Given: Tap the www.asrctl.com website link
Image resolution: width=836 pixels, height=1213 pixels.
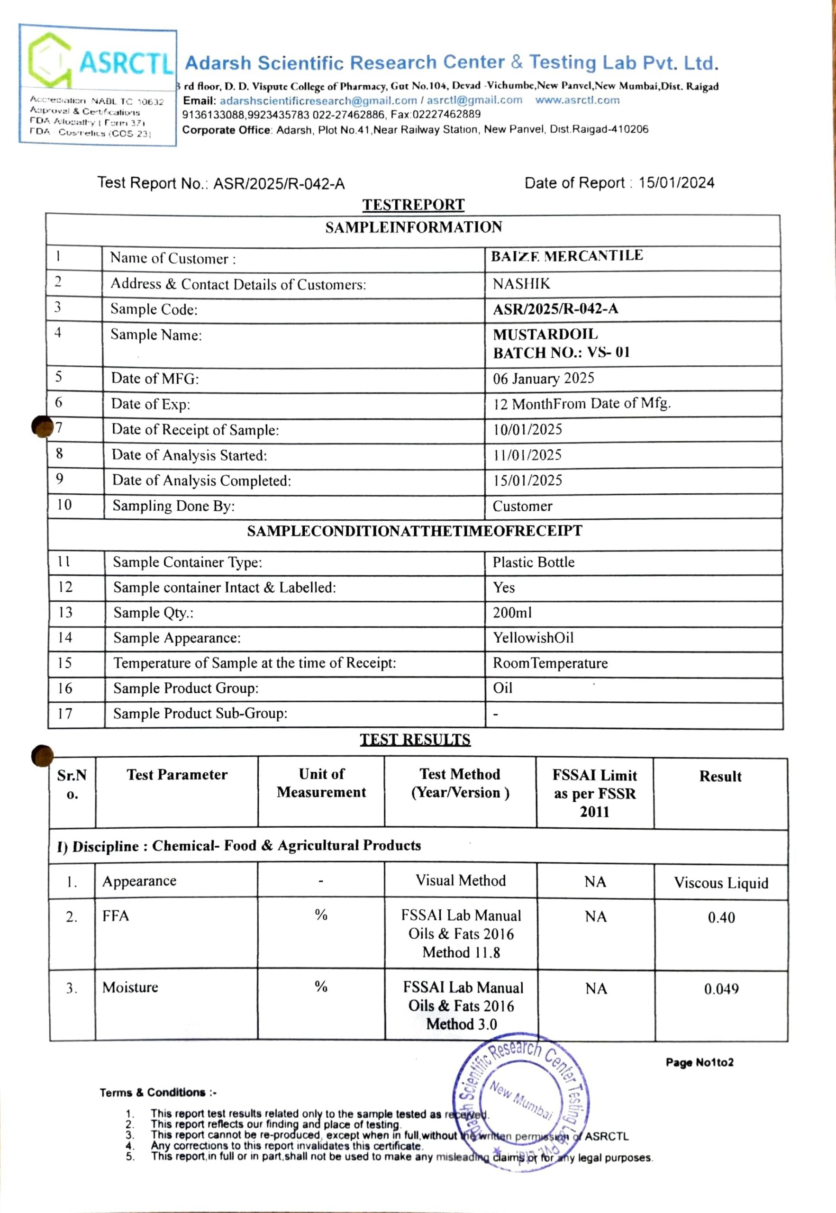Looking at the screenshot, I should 577,100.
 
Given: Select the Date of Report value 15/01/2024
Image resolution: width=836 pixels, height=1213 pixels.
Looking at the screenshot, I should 676,183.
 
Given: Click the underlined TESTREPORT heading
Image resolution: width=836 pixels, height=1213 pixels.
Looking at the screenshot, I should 413,205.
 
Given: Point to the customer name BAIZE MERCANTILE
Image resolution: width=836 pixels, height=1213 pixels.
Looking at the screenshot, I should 567,256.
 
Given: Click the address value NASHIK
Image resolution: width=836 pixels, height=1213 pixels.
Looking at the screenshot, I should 521,284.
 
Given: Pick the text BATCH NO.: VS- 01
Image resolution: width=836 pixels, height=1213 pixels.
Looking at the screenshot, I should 561,353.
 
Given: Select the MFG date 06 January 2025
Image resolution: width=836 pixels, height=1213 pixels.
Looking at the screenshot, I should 543,378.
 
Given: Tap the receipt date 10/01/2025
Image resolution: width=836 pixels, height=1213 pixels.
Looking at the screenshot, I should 527,429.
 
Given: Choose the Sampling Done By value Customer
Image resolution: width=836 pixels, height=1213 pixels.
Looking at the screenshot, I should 522,506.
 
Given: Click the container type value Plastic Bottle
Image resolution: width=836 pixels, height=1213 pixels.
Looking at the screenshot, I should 533,562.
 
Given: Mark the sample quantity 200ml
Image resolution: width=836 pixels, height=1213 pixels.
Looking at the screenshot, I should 512,612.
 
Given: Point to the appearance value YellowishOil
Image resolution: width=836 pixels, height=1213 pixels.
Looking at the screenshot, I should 533,637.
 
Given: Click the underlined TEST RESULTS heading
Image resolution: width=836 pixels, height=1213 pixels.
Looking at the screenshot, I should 415,740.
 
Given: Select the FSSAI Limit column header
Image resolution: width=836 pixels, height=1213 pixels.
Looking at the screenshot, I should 594,793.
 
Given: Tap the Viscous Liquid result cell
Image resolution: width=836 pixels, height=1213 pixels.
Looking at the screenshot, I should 721,883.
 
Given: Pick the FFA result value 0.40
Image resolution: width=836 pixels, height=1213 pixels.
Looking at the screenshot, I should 721,918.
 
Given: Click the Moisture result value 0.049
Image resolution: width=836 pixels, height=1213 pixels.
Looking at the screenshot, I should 721,989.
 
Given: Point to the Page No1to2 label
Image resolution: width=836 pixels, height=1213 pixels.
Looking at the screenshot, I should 700,1062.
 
